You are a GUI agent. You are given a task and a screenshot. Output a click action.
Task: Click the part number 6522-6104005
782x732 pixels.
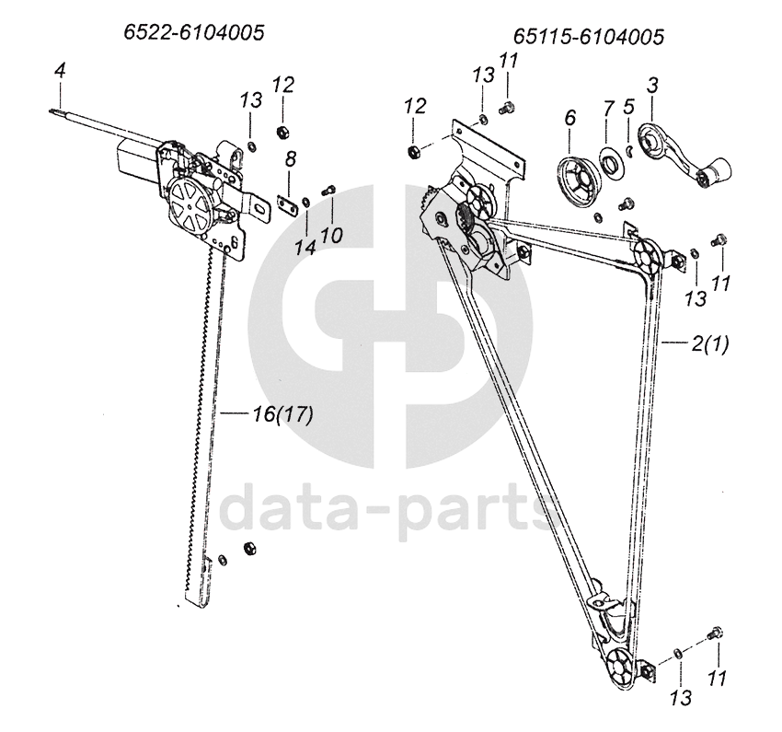coord(194,32)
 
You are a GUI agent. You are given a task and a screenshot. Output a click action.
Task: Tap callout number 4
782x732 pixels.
coord(60,70)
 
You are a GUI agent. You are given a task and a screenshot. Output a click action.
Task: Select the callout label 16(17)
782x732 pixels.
coord(282,415)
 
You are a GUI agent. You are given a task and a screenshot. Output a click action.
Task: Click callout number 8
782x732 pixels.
coord(290,159)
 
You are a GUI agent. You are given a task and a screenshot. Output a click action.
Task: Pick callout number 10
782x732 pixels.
coord(331,235)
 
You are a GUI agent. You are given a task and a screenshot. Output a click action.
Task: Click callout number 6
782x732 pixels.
coord(569,118)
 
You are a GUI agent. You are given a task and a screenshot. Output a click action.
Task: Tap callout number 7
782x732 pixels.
coord(607,108)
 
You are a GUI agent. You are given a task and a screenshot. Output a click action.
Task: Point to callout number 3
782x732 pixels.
coord(652,87)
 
